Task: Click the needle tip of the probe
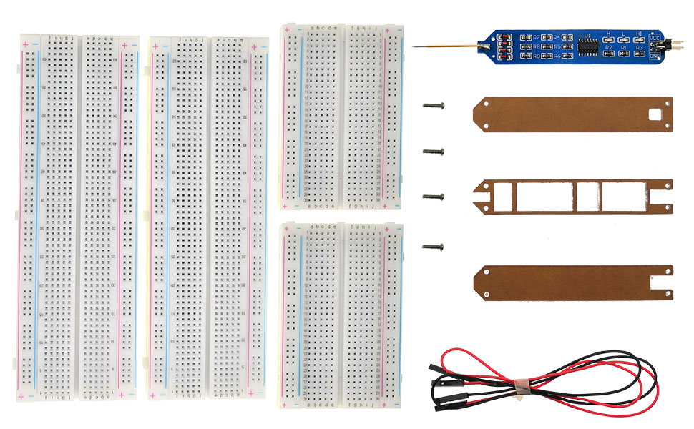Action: (x=414, y=47)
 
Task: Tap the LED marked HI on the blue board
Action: (x=639, y=39)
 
